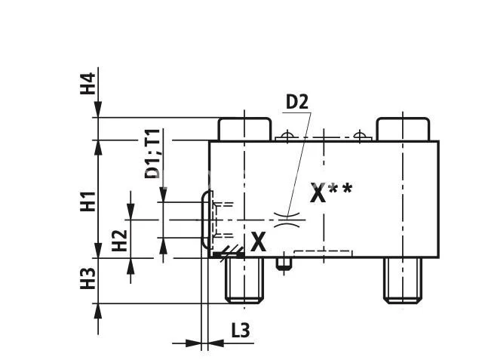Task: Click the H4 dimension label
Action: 89,83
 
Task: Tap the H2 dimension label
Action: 119,240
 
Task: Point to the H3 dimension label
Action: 89,278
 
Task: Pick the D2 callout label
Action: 297,101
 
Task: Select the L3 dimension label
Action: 240,330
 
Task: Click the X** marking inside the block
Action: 331,193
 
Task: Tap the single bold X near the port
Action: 259,242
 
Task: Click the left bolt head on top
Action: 244,129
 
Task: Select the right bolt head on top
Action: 401,129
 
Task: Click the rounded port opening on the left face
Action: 206,220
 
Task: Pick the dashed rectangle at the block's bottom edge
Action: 322,254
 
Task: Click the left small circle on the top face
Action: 284,137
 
